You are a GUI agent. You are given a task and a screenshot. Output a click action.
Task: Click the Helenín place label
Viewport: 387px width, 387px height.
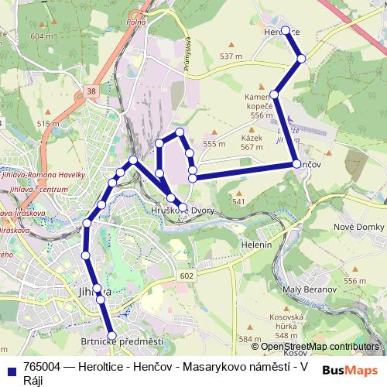pos(256,244)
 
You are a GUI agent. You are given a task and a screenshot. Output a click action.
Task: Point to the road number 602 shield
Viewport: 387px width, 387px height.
pos(186,275)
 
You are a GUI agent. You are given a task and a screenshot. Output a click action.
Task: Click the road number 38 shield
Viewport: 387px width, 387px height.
pos(92,91)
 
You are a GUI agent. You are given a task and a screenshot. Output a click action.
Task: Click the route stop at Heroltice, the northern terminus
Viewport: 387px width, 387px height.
pos(286,31)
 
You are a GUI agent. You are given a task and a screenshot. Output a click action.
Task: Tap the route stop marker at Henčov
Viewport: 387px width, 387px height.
pos(296,164)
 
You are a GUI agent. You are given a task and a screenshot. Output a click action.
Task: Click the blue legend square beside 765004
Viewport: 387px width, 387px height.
pos(10,367)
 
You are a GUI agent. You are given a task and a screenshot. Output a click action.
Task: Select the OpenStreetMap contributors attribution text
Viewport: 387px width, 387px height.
pos(318,348)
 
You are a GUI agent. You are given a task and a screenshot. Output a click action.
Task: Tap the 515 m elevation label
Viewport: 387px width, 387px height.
pos(48,123)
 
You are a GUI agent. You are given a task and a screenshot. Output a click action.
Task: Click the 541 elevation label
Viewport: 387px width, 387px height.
pos(238,201)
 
